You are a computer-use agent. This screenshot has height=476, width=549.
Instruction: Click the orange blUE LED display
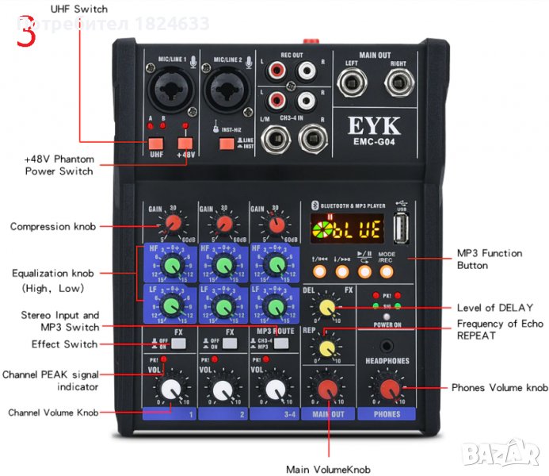point(346,231)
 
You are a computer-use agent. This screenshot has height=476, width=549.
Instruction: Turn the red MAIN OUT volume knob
point(326,389)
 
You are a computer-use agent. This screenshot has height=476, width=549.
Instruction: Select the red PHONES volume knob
point(389,389)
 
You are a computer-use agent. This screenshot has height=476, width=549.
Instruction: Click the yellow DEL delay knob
point(326,307)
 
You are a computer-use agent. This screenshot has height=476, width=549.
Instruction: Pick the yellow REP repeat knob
point(326,347)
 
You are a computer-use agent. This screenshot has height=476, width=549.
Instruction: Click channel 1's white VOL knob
point(170,389)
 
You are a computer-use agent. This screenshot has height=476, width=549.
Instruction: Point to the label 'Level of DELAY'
point(494,307)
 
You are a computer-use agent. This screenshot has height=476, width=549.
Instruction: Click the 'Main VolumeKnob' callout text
point(328,470)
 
